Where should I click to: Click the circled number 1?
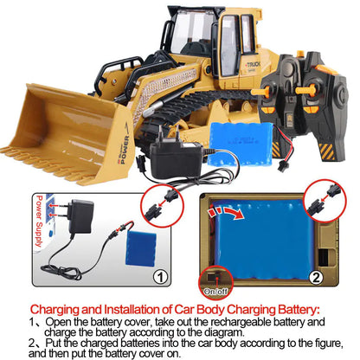(158, 278)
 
